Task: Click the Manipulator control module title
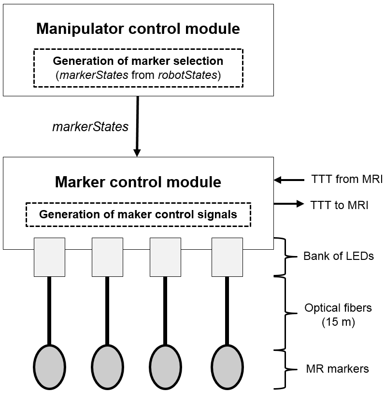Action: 138,29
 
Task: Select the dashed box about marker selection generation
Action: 138,68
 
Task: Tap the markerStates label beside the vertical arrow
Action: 90,127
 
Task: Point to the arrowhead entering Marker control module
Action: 137,152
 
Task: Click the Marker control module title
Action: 138,182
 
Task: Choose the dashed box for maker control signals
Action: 138,214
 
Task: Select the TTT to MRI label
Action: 339,204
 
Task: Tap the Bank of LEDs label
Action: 338,256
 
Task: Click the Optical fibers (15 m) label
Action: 338,315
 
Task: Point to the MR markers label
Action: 337,369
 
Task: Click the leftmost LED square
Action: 49,257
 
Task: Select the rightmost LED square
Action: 227,257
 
